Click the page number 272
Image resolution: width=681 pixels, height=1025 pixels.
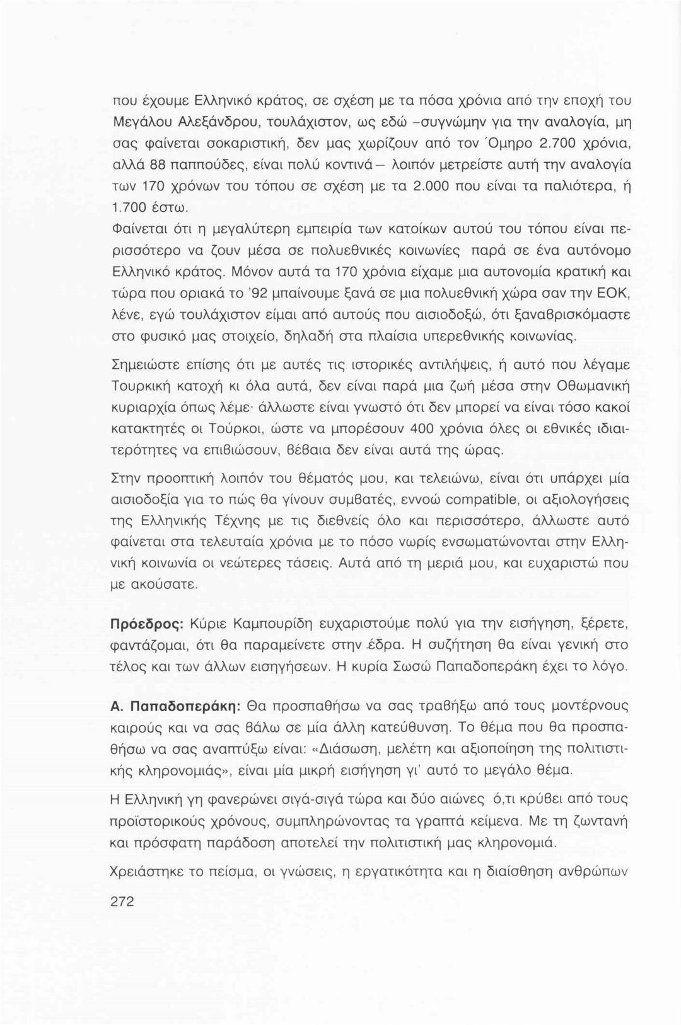tap(122, 902)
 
